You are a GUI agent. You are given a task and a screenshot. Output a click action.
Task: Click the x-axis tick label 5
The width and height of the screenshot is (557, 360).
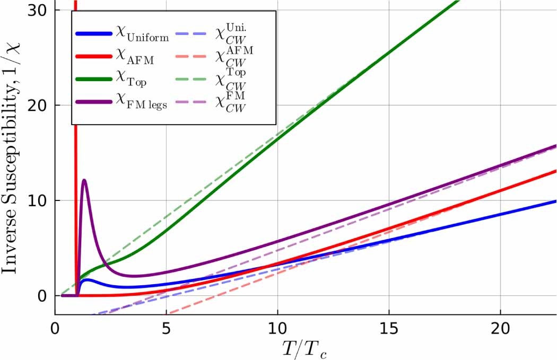point(166,329)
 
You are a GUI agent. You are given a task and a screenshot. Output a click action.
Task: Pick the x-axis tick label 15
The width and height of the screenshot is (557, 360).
point(389,329)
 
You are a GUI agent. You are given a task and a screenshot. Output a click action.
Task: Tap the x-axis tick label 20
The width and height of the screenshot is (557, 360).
point(500,329)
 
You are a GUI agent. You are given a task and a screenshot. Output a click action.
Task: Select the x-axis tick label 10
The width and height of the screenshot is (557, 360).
point(277,329)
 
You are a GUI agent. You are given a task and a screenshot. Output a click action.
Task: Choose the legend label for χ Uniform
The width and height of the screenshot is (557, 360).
point(142,36)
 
